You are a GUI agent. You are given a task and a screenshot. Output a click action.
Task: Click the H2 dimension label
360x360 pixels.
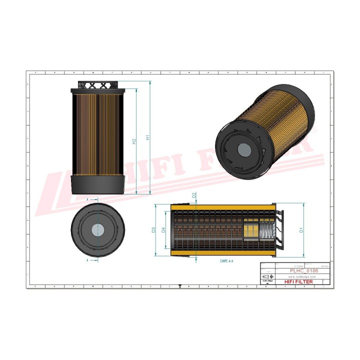(134, 141)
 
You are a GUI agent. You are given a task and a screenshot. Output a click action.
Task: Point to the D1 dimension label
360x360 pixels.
(301, 230)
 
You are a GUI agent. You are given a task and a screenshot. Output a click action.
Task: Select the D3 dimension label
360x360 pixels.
(153, 230)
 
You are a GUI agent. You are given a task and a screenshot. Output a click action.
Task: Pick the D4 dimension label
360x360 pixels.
(163, 230)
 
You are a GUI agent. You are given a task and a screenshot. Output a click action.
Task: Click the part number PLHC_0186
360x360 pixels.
(304, 270)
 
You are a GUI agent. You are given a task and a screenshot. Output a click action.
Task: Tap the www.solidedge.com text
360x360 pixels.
(303, 276)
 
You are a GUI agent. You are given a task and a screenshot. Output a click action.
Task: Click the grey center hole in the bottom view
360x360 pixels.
(98, 230)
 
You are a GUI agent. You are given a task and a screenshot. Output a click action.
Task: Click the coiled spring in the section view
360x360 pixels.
(266, 231)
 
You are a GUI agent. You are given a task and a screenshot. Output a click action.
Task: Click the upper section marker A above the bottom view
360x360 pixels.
(88, 199)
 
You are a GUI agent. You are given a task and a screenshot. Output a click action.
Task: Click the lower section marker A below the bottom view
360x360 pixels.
(88, 260)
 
